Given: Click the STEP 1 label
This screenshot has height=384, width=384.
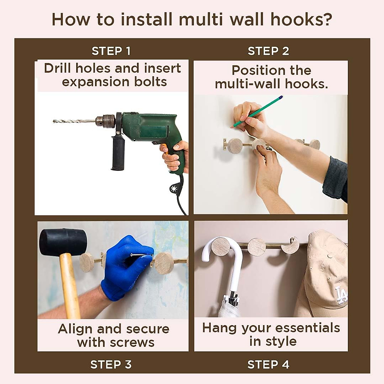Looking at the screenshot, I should (x=111, y=51).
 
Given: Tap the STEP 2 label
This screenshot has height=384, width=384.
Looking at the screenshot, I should (x=268, y=51).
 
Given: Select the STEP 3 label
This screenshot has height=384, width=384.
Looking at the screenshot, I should (x=111, y=364).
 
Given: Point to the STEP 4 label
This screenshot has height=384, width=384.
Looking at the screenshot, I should (x=268, y=364).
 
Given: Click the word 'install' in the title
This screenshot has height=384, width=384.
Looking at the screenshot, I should (x=147, y=20).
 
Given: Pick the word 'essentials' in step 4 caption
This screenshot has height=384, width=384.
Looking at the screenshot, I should (x=307, y=328).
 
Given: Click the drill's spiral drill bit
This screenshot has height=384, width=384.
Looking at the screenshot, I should (x=74, y=121).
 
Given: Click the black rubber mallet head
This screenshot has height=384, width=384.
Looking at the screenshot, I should (x=63, y=242).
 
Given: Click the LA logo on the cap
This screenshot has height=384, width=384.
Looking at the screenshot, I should (x=340, y=296).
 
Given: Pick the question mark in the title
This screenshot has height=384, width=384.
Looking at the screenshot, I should (x=326, y=20).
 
